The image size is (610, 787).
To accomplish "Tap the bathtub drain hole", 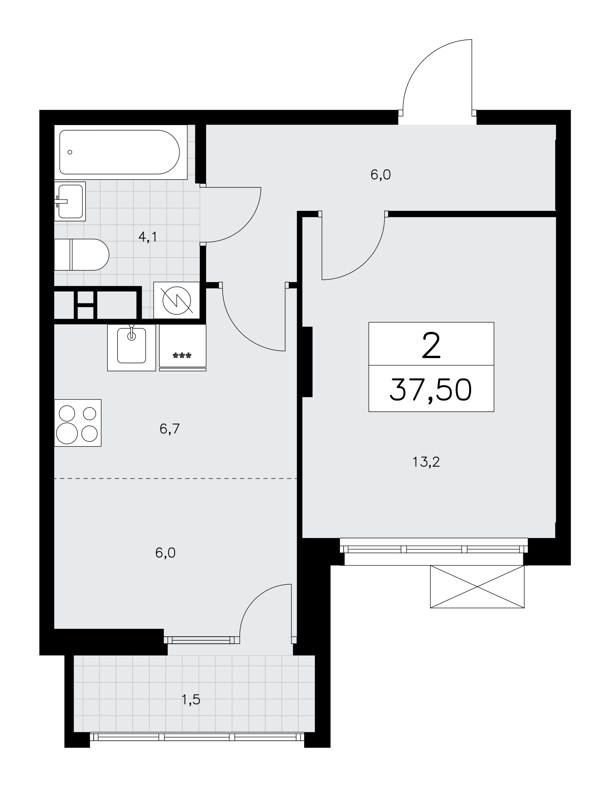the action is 70,152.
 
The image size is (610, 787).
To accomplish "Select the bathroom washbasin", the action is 70,201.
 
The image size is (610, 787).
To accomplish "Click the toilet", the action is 81,255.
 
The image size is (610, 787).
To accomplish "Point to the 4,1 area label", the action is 148,237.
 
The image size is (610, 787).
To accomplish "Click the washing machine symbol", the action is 177,300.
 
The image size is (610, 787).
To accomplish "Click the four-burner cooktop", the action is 78,423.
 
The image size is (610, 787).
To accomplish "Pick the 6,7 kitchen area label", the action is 170,429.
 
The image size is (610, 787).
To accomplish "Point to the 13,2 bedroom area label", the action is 426,462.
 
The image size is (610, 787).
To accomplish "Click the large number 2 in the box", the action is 431,345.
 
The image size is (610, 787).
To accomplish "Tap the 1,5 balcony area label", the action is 191,700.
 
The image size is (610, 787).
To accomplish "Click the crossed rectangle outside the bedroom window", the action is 477,587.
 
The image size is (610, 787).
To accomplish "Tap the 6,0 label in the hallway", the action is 381,175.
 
